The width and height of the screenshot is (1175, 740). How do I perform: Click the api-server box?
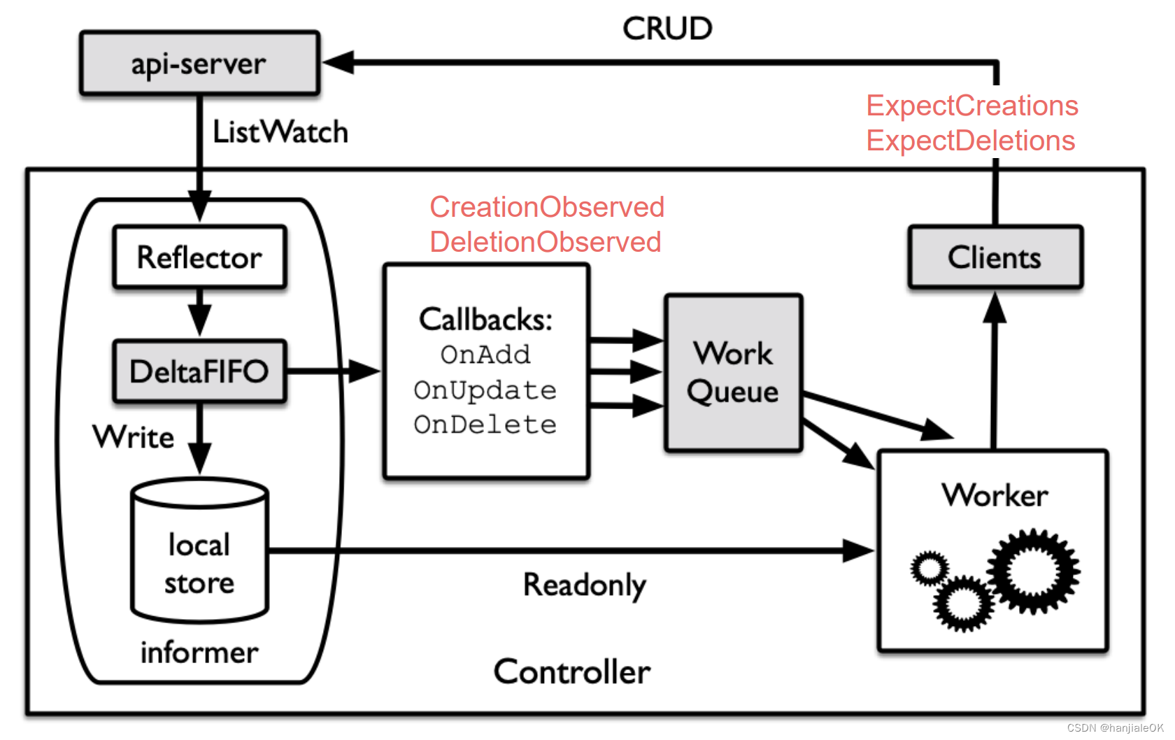(x=199, y=63)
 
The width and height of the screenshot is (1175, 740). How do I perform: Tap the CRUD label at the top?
(x=667, y=29)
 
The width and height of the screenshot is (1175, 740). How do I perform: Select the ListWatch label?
(x=280, y=132)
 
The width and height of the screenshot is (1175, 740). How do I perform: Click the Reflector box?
(x=199, y=257)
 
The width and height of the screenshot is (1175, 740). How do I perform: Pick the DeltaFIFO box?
(x=199, y=371)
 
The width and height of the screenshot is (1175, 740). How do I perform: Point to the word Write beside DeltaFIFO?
(x=134, y=437)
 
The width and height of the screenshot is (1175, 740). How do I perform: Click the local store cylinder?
(x=199, y=553)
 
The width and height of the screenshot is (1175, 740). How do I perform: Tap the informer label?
(x=199, y=653)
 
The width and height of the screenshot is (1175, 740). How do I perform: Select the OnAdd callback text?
(x=485, y=355)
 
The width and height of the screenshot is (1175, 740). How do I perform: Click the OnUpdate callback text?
(x=485, y=390)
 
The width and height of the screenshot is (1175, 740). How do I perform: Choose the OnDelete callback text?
(x=485, y=425)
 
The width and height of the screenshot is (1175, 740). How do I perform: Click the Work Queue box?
(x=733, y=373)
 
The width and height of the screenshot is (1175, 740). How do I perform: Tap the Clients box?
(x=995, y=257)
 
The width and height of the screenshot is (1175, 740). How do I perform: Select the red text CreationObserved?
(x=547, y=207)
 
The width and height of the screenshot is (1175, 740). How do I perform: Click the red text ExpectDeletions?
(x=970, y=141)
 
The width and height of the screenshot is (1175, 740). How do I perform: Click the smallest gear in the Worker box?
(x=930, y=568)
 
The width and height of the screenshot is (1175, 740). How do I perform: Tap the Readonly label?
(x=585, y=585)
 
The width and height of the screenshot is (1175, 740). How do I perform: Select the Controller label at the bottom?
(x=571, y=671)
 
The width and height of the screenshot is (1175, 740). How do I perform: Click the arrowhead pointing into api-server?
(x=338, y=62)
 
